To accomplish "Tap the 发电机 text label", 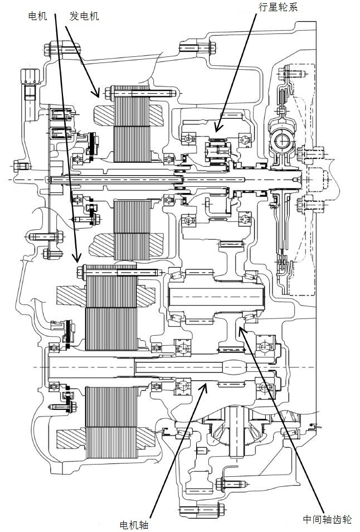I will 84,16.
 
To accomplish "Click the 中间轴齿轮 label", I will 327,519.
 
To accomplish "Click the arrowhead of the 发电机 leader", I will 99,96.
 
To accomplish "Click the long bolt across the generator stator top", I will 142,91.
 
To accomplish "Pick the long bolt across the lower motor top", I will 120,273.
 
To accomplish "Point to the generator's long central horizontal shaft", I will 167,179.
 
